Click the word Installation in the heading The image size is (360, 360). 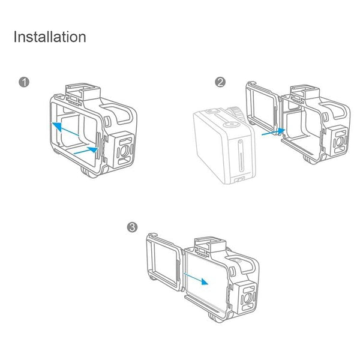(x=50, y=37)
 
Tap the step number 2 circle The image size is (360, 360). (x=220, y=82)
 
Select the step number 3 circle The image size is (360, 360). (x=132, y=227)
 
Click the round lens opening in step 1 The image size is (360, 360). (x=122, y=150)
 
